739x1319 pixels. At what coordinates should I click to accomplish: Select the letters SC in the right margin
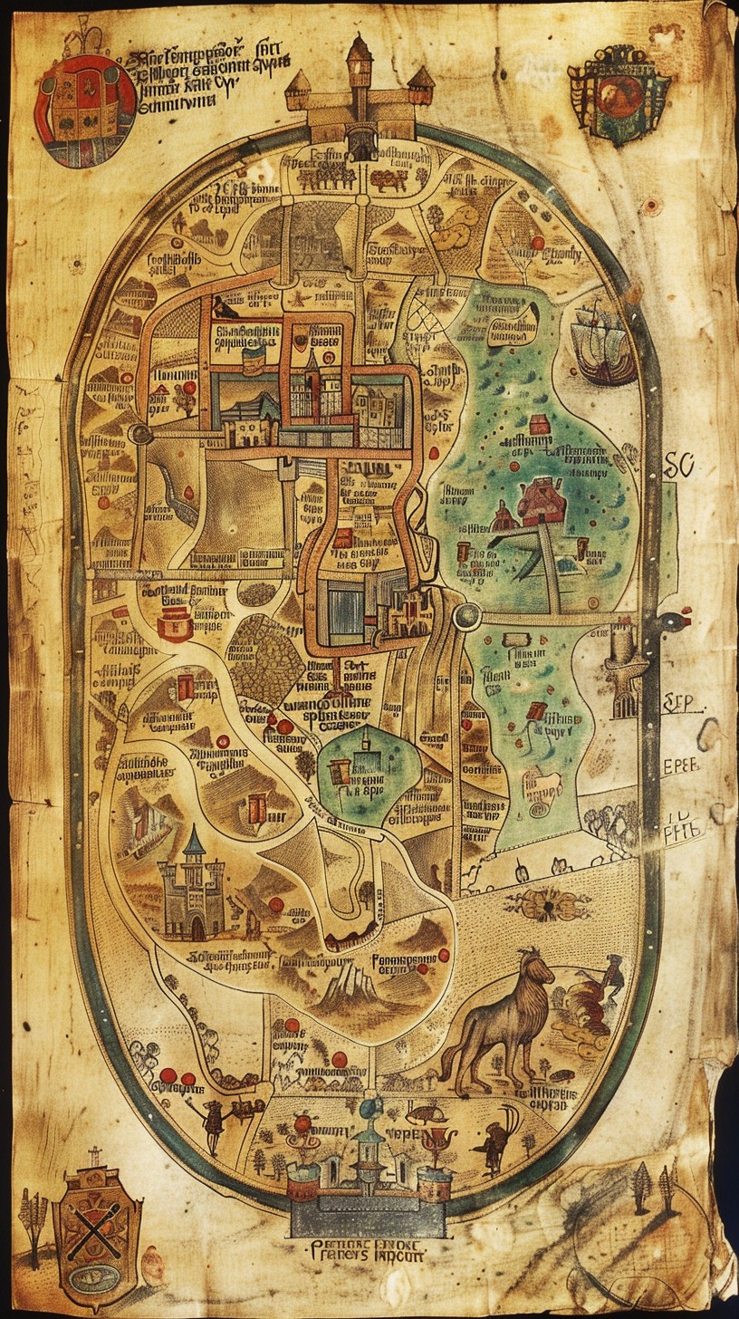pos(678,466)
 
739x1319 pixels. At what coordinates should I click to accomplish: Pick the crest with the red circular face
pos(619,94)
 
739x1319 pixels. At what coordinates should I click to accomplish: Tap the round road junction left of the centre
pos(140,434)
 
